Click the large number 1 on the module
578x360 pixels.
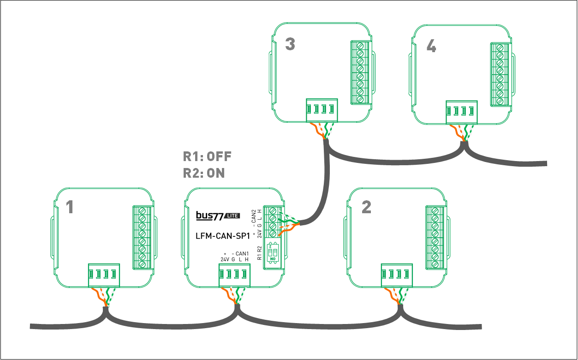point(70,208)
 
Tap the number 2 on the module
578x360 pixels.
point(366,207)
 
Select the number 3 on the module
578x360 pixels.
point(290,45)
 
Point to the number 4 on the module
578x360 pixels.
point(431,47)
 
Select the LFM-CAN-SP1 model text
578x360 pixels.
point(223,236)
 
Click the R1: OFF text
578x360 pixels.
point(207,156)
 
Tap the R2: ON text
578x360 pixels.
point(204,173)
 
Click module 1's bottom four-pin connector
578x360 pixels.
point(104,276)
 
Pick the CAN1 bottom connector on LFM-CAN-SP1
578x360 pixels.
point(234,276)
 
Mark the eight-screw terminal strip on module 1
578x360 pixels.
point(142,237)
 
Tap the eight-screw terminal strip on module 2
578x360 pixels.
point(435,237)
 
